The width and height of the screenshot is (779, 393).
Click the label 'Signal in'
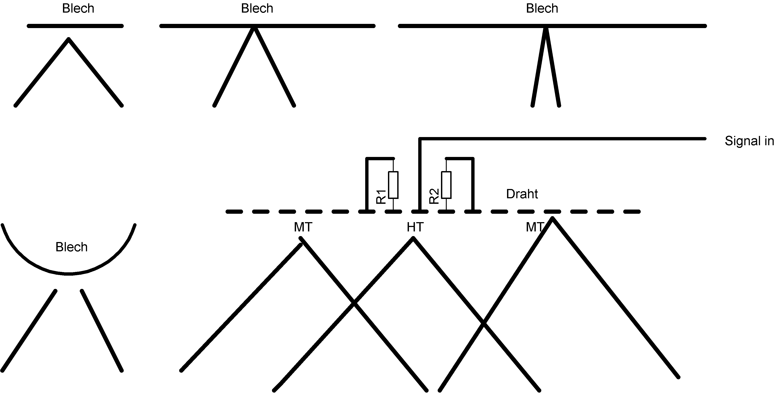pos(749,141)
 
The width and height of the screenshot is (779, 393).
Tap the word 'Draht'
pos(522,194)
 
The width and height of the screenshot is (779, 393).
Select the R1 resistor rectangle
pos(393,185)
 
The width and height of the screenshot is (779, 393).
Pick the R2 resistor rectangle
pos(446,185)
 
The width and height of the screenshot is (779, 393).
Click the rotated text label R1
pos(381,197)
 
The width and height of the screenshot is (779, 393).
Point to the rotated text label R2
pos(434,196)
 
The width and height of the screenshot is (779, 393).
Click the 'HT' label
pos(415,227)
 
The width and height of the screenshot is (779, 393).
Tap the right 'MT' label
pos(535,227)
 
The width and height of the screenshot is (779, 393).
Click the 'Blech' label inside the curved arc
pos(71,247)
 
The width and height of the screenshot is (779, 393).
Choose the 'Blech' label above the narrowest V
pos(542,8)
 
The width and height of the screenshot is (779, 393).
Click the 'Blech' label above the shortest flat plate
pos(78,8)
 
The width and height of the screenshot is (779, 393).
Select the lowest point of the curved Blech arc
pos(69,274)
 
